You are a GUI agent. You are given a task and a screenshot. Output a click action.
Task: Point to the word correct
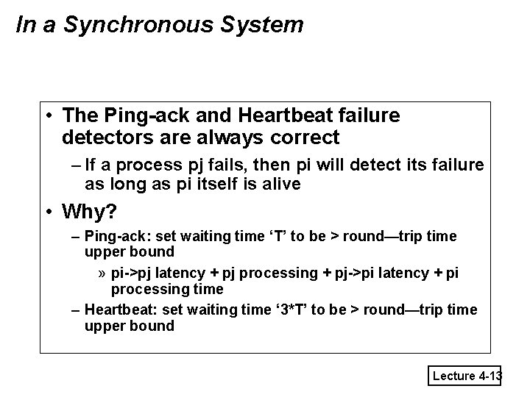303,137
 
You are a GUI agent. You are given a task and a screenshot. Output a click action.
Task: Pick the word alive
278,184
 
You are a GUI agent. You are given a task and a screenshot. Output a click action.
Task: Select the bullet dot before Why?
48,212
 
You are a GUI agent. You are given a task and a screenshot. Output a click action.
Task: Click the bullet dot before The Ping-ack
48,116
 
